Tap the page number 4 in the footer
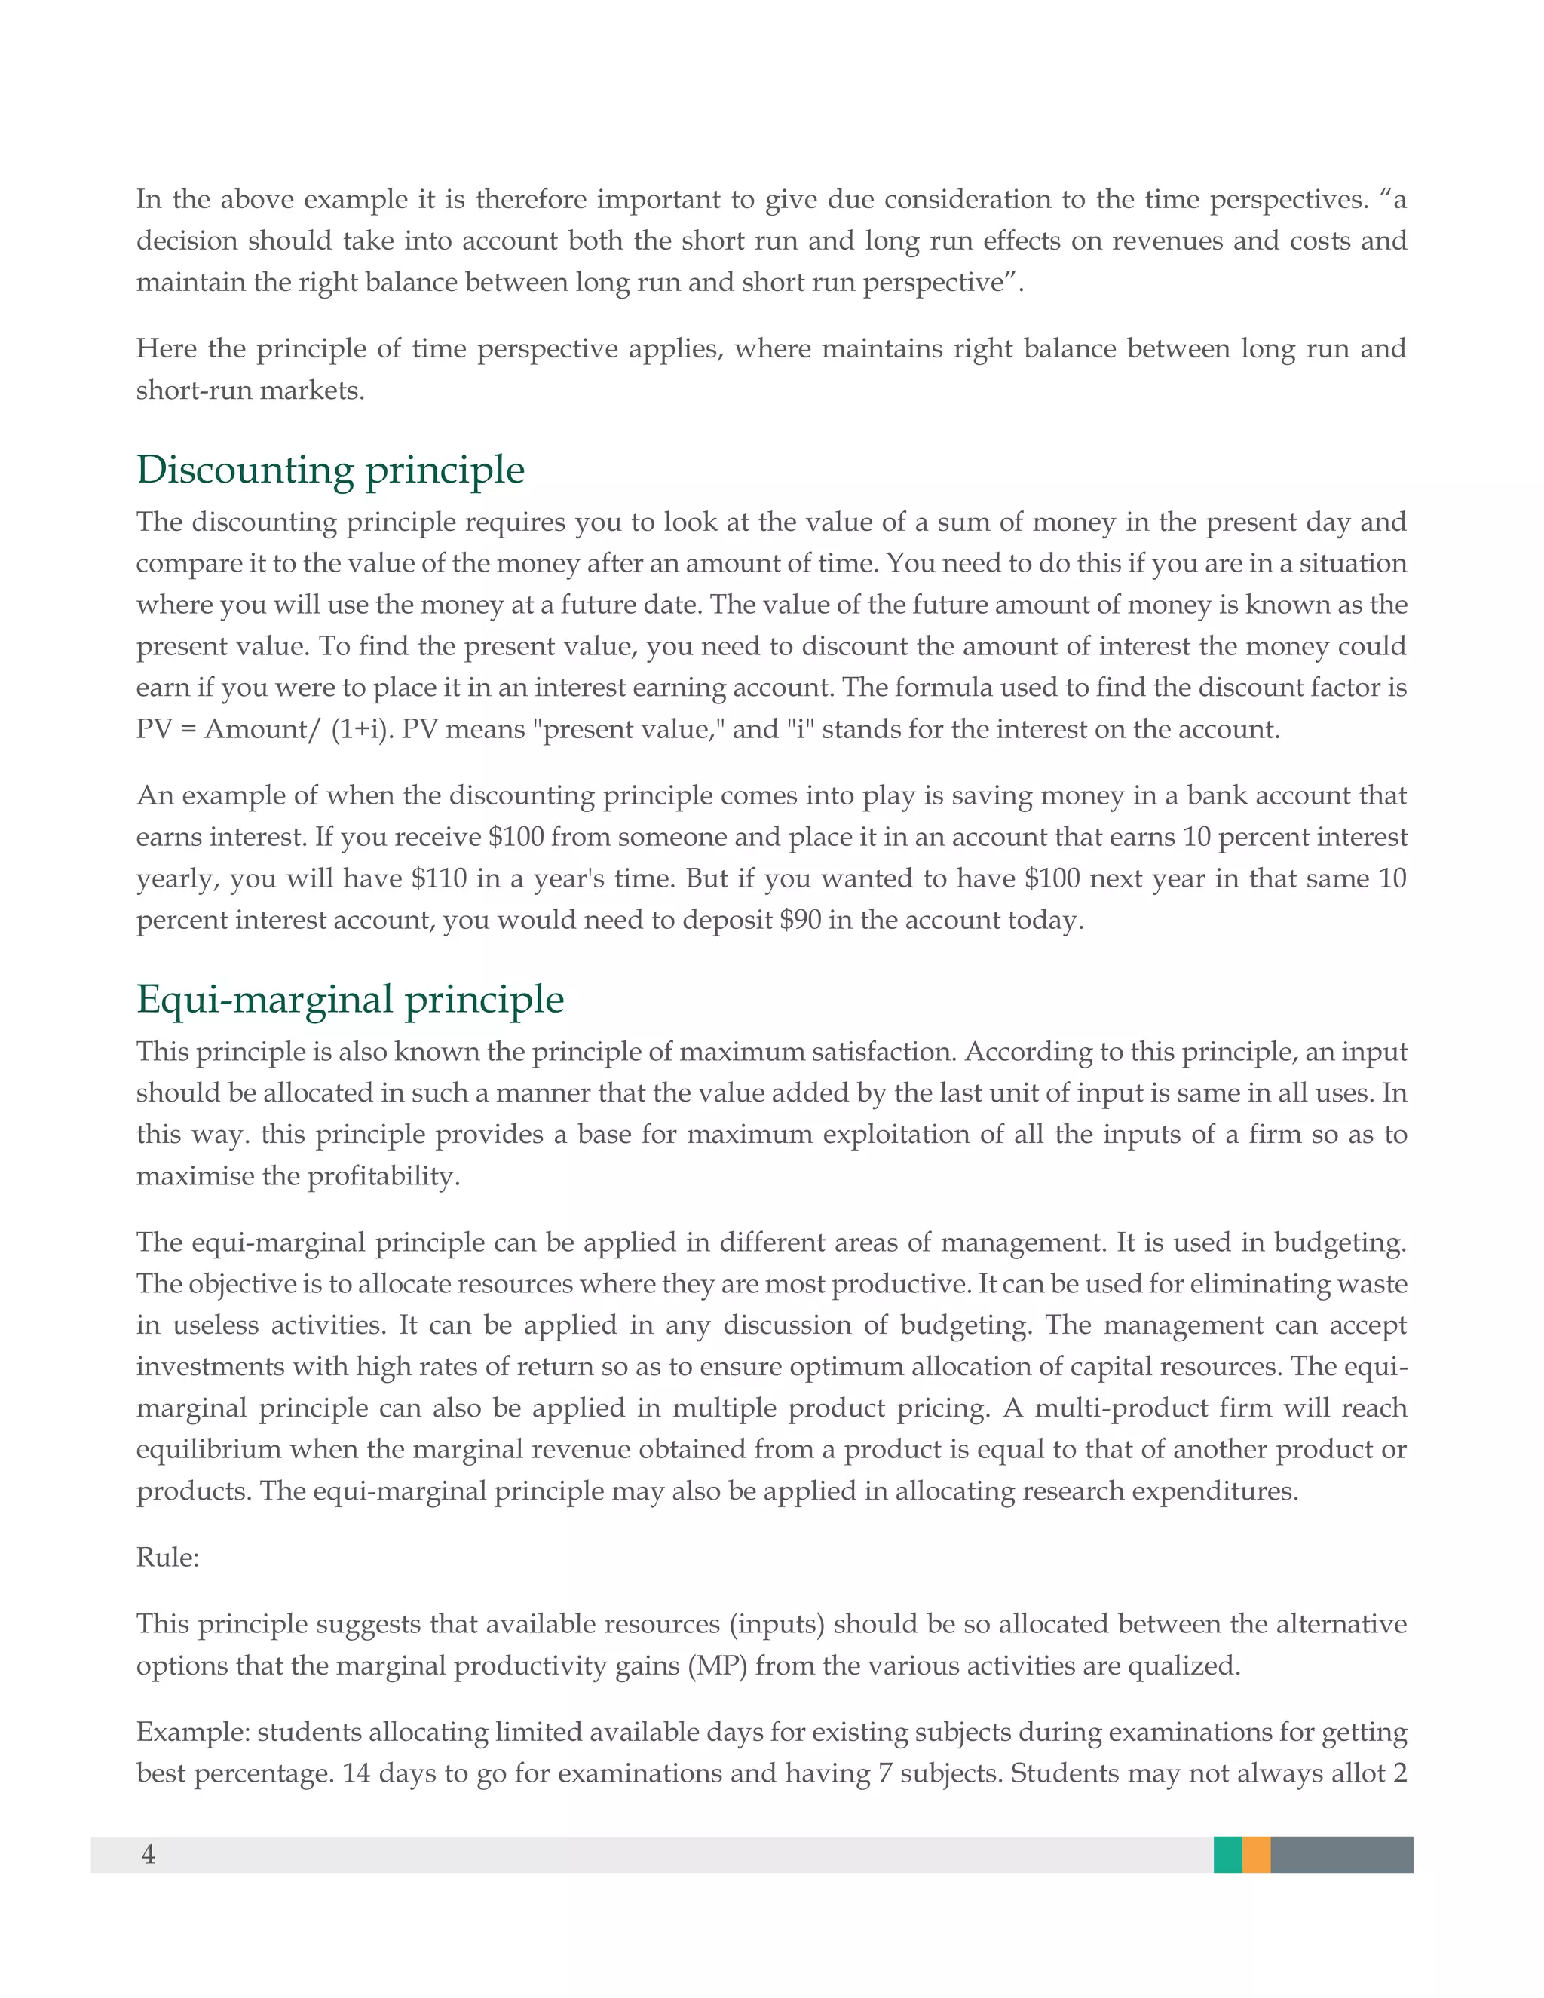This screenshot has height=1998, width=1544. click(x=149, y=1855)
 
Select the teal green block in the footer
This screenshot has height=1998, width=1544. click(x=1227, y=1855)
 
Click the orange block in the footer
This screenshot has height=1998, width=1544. click(x=1256, y=1855)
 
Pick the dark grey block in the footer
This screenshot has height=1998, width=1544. click(x=1341, y=1855)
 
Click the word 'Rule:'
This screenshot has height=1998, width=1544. click(x=167, y=1557)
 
